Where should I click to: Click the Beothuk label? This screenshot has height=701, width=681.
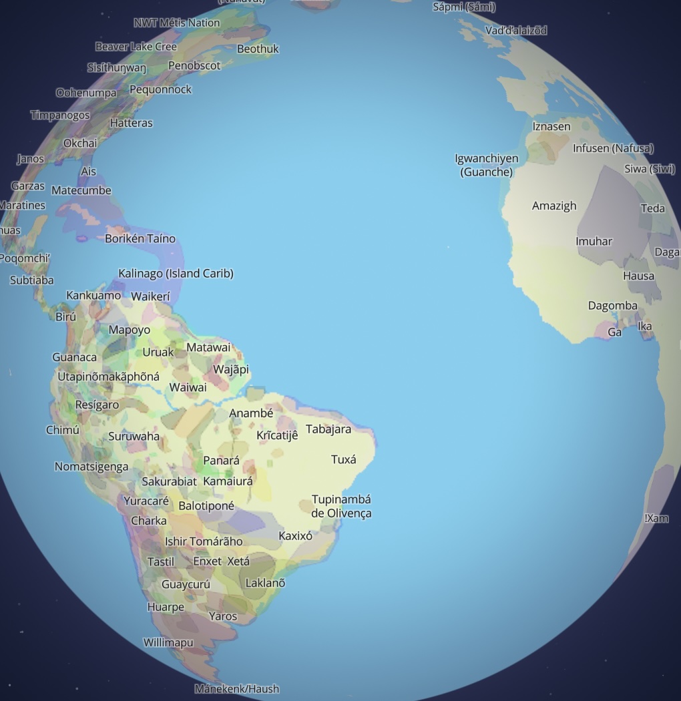click(x=258, y=49)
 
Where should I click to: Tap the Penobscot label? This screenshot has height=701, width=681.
click(x=194, y=65)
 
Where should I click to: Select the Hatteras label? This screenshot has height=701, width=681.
click(x=131, y=123)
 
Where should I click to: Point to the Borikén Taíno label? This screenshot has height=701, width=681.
click(x=140, y=238)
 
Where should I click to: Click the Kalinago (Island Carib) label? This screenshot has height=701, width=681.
click(x=176, y=273)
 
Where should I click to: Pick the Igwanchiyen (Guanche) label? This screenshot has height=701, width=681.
click(x=486, y=165)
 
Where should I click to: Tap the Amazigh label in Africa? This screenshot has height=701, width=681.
click(x=553, y=206)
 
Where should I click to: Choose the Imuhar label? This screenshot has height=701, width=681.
click(x=594, y=241)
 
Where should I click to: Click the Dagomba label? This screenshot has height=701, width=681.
click(x=612, y=306)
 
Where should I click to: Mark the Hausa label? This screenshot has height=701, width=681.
click(x=639, y=276)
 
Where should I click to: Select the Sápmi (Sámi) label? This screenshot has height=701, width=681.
click(x=464, y=7)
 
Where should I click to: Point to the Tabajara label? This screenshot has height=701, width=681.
click(x=328, y=429)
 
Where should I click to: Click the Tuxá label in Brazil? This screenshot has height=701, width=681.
click(x=343, y=459)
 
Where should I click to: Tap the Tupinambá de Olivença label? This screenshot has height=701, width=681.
click(x=341, y=506)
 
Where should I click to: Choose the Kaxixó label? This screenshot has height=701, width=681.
click(x=295, y=535)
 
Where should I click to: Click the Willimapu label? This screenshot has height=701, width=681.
click(x=168, y=642)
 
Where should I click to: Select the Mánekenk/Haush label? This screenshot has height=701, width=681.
click(x=236, y=688)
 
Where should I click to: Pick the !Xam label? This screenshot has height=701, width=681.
click(x=656, y=518)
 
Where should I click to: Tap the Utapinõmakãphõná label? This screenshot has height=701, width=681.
click(x=108, y=377)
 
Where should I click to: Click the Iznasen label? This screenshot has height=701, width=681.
click(x=551, y=126)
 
